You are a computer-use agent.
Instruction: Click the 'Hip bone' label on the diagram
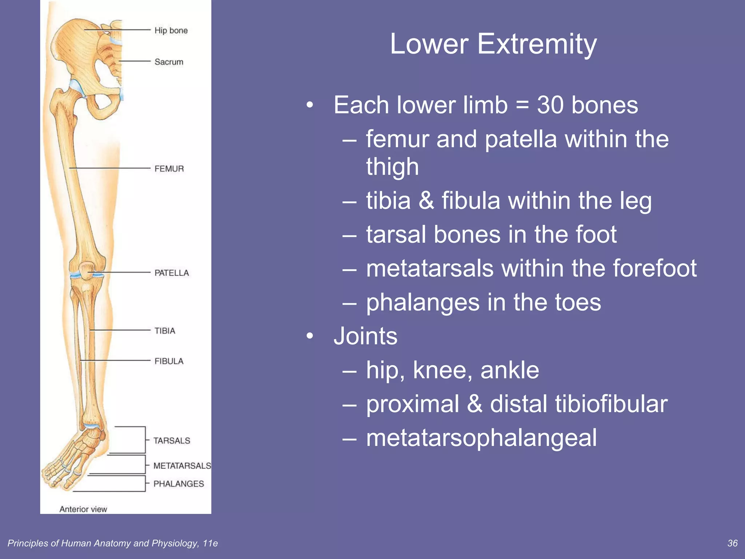point(171,31)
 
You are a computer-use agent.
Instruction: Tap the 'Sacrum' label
point(169,62)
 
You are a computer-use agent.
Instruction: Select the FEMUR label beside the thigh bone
point(169,169)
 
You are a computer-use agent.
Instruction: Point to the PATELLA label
point(171,273)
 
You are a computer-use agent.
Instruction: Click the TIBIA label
point(165,331)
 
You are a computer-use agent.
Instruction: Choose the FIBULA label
point(169,361)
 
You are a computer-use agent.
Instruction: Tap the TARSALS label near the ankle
point(172,441)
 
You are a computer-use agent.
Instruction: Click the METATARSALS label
point(182,466)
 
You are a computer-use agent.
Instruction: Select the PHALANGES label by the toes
point(179,484)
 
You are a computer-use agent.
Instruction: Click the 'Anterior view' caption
point(83,509)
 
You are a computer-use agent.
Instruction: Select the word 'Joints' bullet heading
point(366,336)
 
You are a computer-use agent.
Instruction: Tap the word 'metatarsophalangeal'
point(481,438)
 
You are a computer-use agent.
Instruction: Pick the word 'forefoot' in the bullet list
point(655,269)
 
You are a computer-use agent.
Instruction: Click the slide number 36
point(732,543)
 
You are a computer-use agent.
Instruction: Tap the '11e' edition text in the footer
point(210,543)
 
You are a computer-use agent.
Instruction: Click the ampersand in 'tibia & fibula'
point(426,201)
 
